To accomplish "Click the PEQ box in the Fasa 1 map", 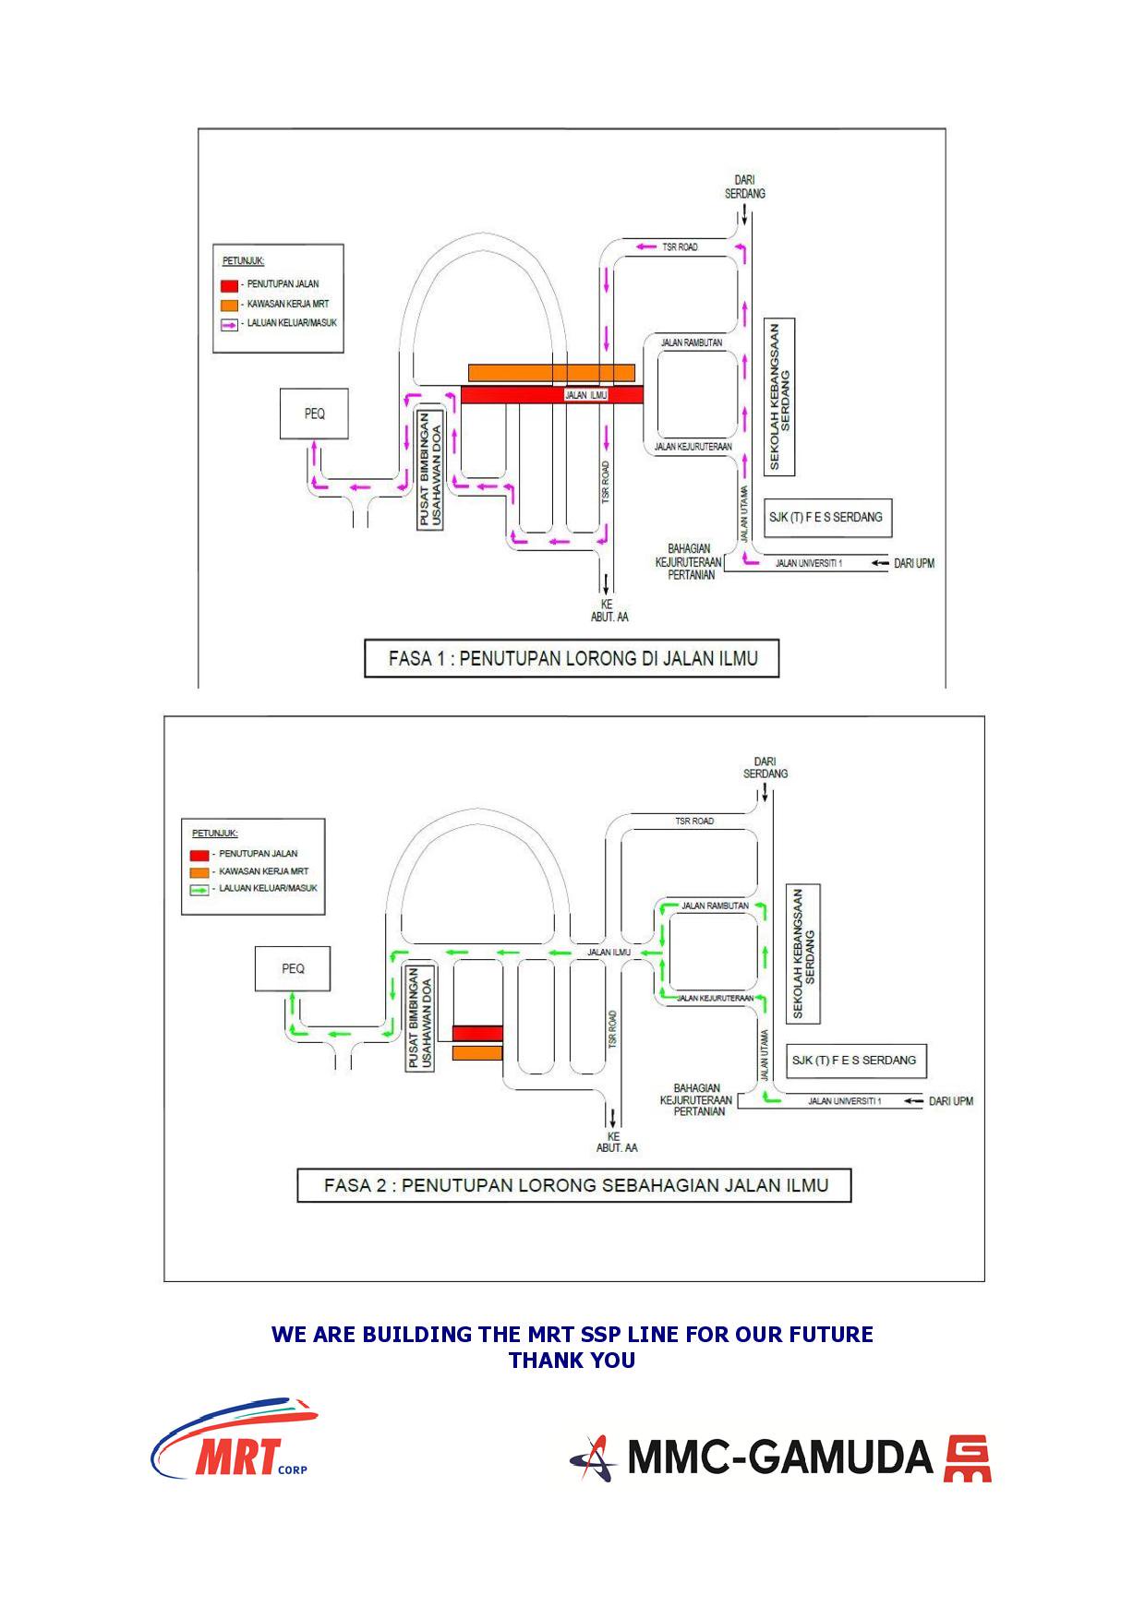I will coord(314,414).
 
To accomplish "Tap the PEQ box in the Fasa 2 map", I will coord(293,968).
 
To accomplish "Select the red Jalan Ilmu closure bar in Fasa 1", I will coord(551,395).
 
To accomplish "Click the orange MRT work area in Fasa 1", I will coord(551,372).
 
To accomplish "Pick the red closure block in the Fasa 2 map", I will coord(477,1033).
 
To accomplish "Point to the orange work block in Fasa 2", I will coord(477,1053).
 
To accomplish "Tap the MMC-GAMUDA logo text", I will coord(780,1457).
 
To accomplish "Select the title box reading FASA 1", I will coord(572,658).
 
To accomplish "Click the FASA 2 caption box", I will coord(574,1185).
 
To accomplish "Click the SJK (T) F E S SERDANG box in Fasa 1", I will coord(826,517).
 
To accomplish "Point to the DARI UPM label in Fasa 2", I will coord(950,1101).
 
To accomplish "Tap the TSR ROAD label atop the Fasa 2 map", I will coord(694,821).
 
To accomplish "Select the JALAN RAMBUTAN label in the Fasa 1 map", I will coord(692,342).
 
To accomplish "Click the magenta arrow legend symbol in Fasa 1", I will coord(229,324).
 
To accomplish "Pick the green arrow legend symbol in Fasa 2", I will coord(199,890).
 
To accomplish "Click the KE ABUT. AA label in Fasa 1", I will coord(609,610).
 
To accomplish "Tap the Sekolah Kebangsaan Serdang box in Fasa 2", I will coord(805,954).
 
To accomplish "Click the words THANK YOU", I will coord(572,1360).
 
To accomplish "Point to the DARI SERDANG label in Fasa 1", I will coord(744,186).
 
